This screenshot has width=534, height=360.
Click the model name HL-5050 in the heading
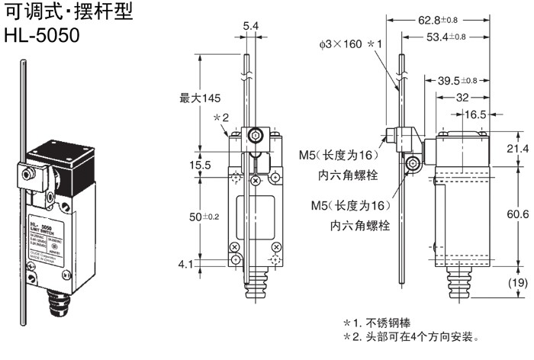pos(41,35)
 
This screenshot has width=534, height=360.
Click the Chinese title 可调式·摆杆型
pos(68,12)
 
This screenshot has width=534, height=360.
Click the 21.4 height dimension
pos(517,148)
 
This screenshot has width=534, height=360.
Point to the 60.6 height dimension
pos(517,217)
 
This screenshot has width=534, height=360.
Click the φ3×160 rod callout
pos(350,45)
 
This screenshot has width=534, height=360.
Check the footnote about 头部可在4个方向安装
pos(411,336)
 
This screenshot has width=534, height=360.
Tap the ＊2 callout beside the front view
pos(221,117)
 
